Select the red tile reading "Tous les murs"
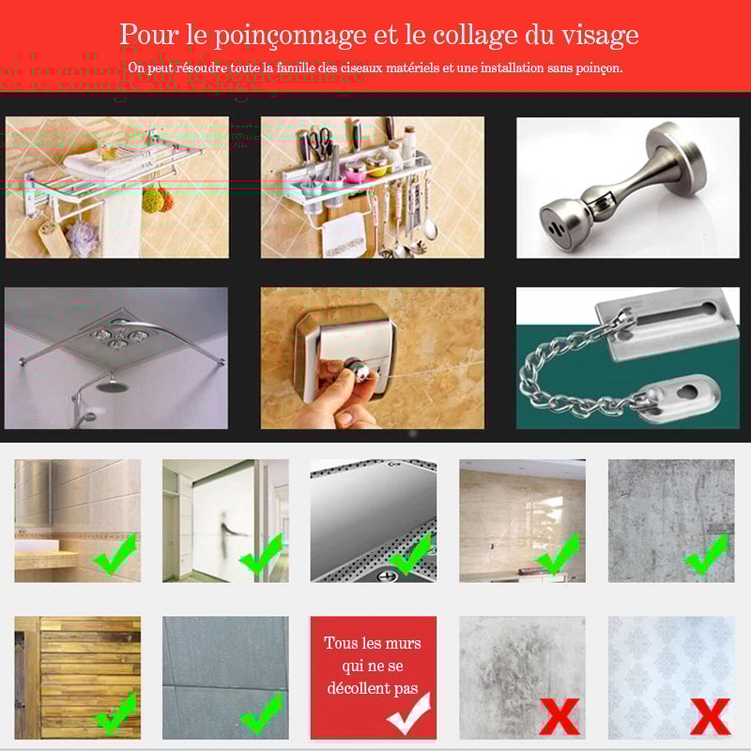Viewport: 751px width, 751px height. (373, 676)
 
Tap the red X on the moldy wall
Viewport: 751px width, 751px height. (559, 715)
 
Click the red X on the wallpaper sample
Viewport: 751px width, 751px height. (709, 715)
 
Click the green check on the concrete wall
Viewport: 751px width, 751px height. (706, 554)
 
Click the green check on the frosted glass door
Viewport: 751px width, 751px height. (262, 556)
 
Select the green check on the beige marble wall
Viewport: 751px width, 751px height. (558, 554)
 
